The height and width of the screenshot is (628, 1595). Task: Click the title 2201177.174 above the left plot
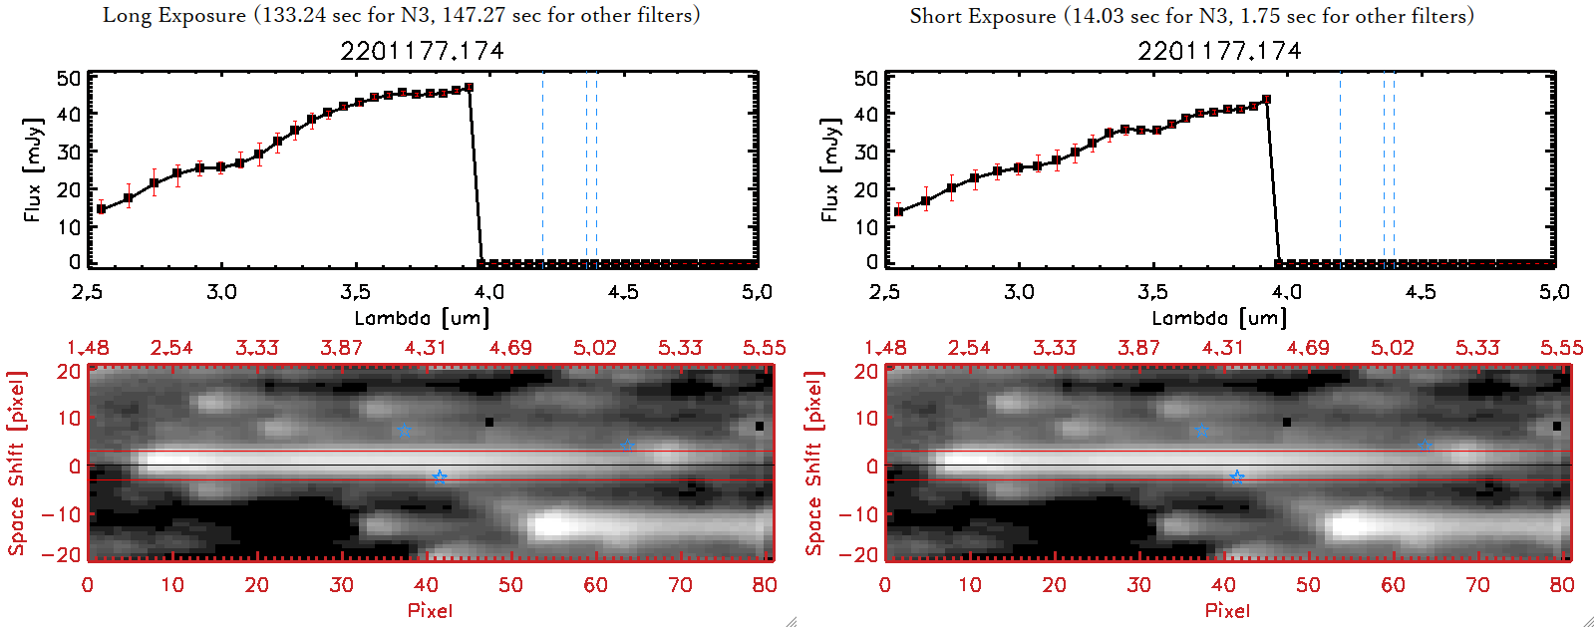coord(422,51)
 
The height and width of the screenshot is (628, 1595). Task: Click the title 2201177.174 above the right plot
coord(1219,51)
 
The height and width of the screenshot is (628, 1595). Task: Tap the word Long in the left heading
coord(126,15)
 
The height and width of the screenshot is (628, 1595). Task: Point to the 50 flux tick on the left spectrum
coord(68,78)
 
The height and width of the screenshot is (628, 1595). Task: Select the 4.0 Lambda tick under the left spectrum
coord(488,292)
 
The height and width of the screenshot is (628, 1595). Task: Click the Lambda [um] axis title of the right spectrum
coord(1219,318)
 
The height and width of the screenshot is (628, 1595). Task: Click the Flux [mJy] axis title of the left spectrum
coord(32,169)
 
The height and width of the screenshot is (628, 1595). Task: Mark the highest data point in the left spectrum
coord(469,88)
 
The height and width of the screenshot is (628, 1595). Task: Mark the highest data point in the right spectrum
coord(1266,100)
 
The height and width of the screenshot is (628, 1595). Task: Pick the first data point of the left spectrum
coord(101,209)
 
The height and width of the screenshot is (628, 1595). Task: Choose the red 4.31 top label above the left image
coord(426,348)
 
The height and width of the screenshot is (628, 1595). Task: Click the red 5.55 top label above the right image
coord(1561,348)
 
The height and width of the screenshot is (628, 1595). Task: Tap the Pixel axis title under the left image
coord(430,610)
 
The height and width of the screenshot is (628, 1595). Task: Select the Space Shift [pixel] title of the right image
coord(814,464)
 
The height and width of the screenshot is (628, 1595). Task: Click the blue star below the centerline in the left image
coord(440,477)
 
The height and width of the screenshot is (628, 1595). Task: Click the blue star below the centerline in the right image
coord(1237,477)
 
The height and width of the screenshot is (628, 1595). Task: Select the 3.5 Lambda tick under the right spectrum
coord(1152,292)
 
